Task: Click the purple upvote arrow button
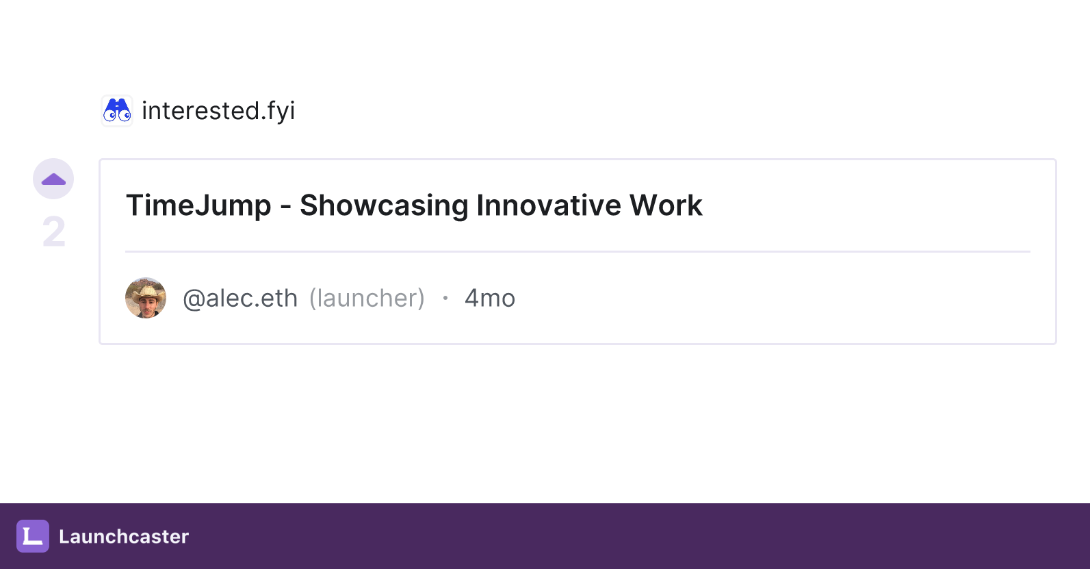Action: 53,179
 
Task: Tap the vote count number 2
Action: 53,231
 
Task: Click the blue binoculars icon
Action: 117,110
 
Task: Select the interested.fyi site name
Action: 218,110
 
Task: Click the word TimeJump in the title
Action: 198,205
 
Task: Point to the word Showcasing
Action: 383,205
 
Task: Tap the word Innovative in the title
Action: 548,205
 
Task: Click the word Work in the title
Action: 666,205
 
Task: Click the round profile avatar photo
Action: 146,298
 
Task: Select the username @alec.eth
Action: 240,298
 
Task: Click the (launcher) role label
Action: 367,298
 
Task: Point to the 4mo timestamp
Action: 489,298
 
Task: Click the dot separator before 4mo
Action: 445,298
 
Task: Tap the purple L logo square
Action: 33,536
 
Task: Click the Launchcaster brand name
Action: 124,536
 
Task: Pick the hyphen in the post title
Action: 285,207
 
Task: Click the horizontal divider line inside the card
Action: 578,252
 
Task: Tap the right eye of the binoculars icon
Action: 125,115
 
